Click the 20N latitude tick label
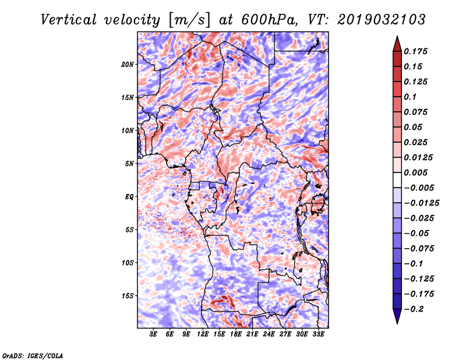(128, 64)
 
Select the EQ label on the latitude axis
(129, 196)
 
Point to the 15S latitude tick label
(128, 295)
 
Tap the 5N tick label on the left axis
(129, 164)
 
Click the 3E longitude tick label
(154, 335)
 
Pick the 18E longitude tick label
(236, 335)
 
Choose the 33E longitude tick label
(319, 335)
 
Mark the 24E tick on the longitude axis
(269, 335)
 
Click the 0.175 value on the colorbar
(417, 51)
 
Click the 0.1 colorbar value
(411, 97)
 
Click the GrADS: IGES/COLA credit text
(33, 355)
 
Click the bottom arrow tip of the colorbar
(396, 322)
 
